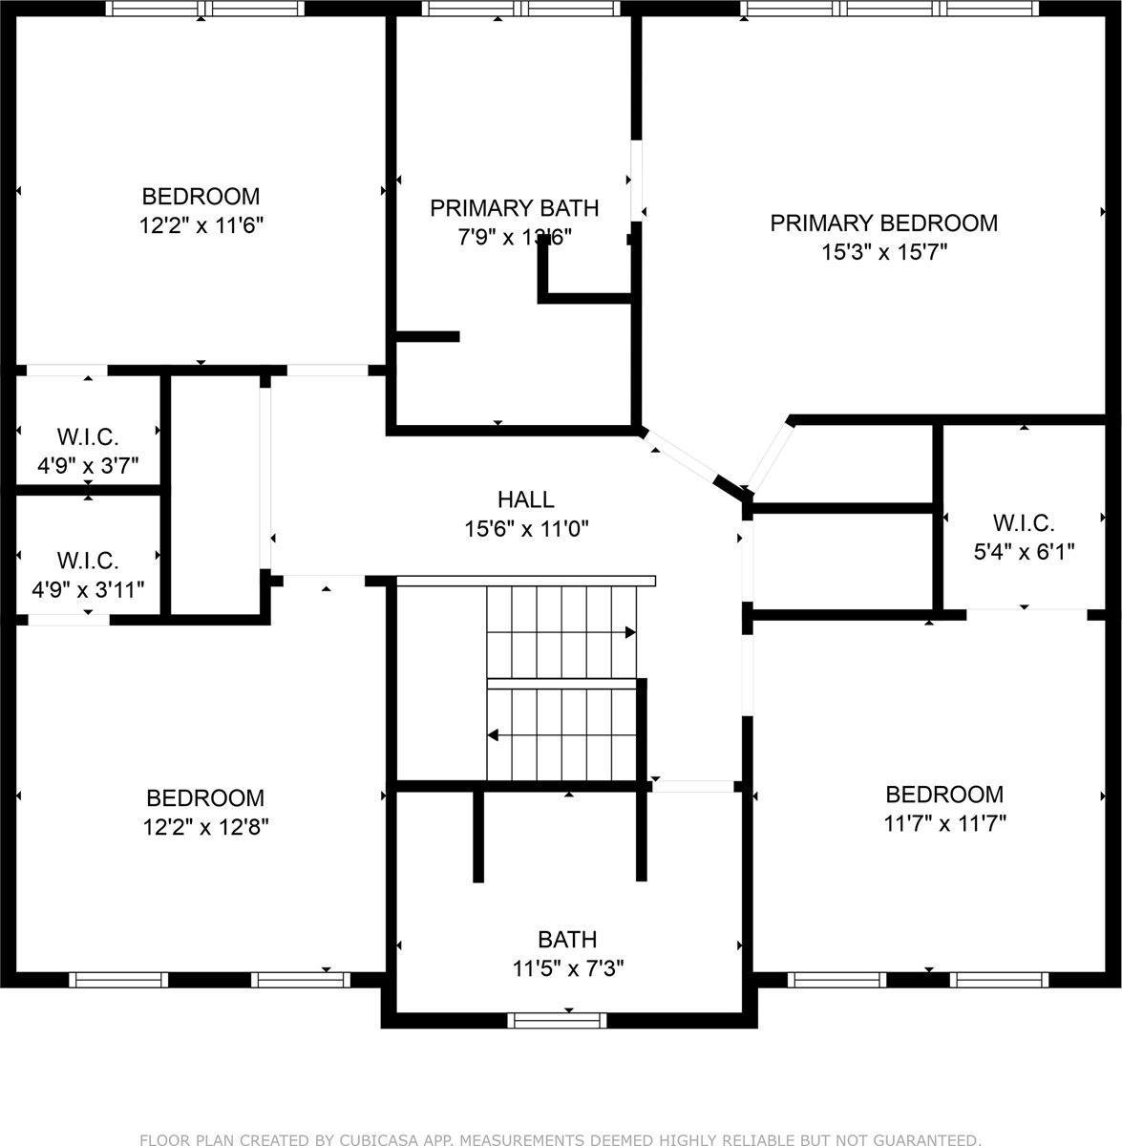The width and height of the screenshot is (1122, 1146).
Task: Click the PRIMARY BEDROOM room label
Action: [883, 223]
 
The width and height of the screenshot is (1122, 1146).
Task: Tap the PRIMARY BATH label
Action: [514, 208]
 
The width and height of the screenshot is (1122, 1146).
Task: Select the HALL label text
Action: [525, 499]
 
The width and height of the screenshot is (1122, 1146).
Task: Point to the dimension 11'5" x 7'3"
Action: [568, 969]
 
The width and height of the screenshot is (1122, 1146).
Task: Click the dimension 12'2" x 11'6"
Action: [201, 225]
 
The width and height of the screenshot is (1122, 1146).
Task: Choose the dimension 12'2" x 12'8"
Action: [205, 826]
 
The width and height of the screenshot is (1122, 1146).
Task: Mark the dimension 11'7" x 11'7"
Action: [944, 822]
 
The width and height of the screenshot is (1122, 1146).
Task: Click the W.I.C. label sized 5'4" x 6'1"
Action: [1023, 523]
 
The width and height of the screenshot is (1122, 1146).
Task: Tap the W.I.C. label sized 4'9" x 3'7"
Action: [88, 437]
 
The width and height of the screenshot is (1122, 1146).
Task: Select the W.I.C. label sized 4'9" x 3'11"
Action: [88, 561]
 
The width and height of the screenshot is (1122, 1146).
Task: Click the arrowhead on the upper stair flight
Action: [630, 632]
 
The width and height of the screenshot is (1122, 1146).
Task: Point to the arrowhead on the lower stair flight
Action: [494, 734]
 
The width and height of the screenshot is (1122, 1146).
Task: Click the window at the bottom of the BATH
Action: [558, 1020]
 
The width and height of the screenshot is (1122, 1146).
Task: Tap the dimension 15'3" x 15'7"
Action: [883, 252]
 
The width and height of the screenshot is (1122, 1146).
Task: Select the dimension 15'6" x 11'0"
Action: [525, 528]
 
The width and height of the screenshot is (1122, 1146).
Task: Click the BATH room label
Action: [567, 940]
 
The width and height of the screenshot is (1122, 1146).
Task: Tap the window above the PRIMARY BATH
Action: [523, 9]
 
